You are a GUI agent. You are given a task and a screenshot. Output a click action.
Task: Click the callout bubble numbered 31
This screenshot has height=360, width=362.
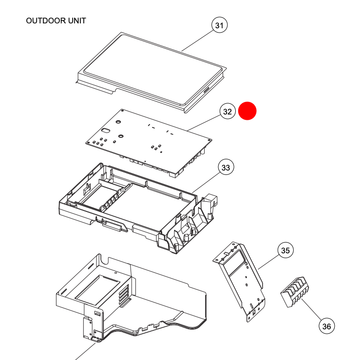pyautogui.click(x=220, y=25)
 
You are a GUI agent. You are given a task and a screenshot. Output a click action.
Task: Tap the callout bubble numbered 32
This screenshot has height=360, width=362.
pyautogui.click(x=227, y=112)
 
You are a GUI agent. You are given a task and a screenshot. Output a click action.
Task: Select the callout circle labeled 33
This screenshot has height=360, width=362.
pyautogui.click(x=226, y=168)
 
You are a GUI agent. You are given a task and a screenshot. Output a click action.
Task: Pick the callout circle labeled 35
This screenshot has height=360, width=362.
pyautogui.click(x=285, y=250)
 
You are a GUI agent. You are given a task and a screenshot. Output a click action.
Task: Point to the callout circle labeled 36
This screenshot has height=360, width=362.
pyautogui.click(x=327, y=326)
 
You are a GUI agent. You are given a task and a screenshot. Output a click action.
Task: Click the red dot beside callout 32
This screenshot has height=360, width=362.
pyautogui.click(x=247, y=111)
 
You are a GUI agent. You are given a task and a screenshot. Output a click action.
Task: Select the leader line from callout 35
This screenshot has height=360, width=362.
pyautogui.click(x=268, y=261)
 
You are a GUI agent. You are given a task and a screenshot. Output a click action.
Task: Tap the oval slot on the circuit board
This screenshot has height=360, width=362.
pyautogui.click(x=105, y=131)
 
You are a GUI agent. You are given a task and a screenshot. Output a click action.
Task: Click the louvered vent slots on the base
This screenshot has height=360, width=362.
pyautogui.click(x=125, y=295)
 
